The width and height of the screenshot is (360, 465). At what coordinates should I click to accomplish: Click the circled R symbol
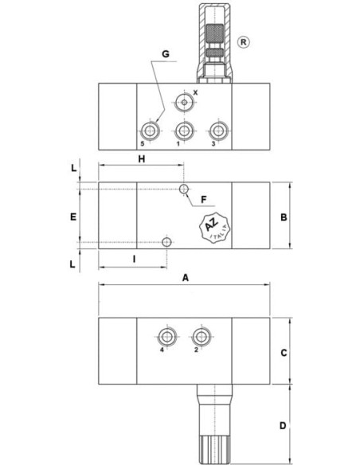point(243,42)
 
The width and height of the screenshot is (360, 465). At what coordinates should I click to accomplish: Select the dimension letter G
point(166,54)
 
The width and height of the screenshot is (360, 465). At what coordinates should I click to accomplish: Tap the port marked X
point(185,102)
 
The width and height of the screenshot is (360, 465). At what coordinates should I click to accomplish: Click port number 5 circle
point(151,131)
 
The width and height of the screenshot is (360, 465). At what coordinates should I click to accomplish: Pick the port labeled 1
point(185,131)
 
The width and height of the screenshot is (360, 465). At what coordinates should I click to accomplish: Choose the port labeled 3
point(218,131)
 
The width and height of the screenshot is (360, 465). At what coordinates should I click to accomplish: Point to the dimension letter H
point(142,159)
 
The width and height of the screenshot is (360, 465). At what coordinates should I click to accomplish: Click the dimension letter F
point(203,200)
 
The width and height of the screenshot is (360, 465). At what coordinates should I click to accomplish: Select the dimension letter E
point(73,217)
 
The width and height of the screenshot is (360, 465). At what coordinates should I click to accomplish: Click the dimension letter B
point(284,217)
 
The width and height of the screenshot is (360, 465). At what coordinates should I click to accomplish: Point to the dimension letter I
point(134,260)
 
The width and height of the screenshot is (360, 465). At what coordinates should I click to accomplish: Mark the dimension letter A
point(186,278)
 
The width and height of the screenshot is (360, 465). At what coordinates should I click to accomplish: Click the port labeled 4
point(167,337)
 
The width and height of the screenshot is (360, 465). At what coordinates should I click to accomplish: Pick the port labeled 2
point(202,337)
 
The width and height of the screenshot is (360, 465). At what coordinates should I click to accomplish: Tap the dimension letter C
point(284,353)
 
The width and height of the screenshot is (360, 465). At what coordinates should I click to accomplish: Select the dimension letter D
point(283,426)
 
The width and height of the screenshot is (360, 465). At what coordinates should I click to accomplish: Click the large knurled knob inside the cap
point(215,33)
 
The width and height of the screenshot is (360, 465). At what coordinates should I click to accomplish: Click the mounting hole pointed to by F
point(184,189)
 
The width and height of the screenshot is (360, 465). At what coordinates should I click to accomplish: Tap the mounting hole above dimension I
point(167,242)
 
